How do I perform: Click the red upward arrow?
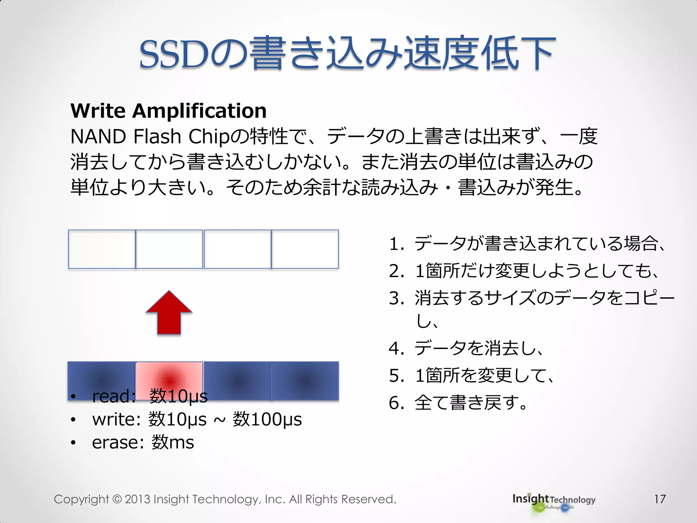tap(169, 313)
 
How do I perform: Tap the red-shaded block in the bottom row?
tap(169, 378)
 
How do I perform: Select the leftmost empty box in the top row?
tap(102, 249)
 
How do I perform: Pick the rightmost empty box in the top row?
tap(305, 249)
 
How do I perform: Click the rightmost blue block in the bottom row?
tap(305, 381)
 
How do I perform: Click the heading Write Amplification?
tap(168, 111)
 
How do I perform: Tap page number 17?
tap(660, 499)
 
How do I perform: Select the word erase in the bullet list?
tap(115, 443)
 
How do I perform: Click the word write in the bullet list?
tap(115, 419)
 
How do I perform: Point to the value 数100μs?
tap(267, 419)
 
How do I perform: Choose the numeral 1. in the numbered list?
tap(396, 244)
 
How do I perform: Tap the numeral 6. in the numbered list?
tap(396, 403)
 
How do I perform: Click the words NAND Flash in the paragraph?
tap(126, 137)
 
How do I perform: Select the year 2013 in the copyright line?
tap(137, 499)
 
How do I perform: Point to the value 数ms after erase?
tap(173, 443)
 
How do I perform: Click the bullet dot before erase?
tap(73, 443)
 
